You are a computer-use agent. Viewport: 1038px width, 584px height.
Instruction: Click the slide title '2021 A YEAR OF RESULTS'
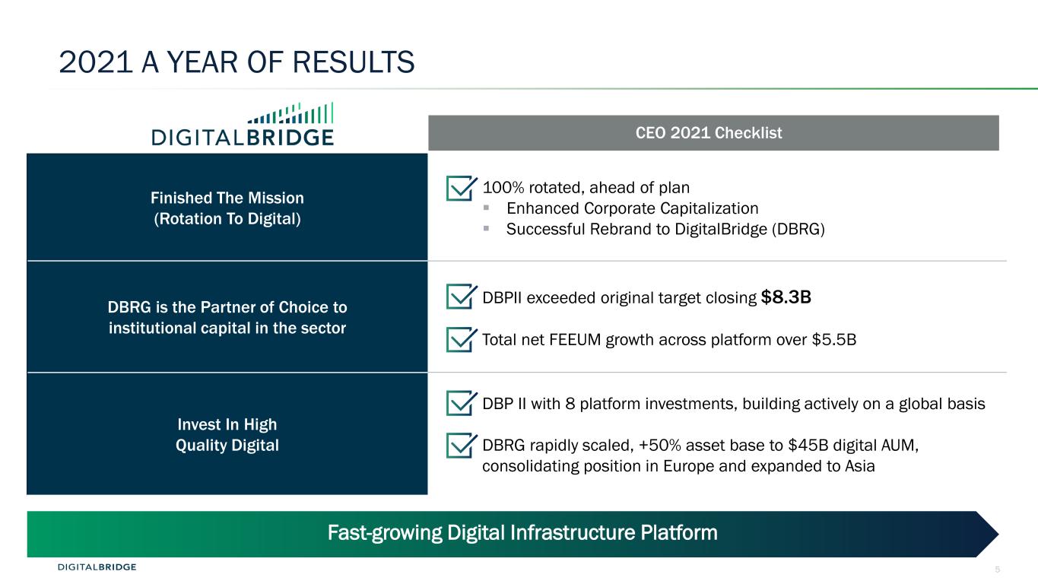pyautogui.click(x=236, y=62)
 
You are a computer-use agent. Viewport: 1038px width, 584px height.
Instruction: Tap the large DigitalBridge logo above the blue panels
pyautogui.click(x=243, y=124)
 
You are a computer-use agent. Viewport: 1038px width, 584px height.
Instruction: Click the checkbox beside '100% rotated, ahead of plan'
pyautogui.click(x=462, y=188)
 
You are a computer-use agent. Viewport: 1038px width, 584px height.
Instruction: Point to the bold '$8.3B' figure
pyautogui.click(x=786, y=297)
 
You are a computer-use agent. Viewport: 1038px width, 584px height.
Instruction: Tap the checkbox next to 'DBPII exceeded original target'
pyautogui.click(x=462, y=296)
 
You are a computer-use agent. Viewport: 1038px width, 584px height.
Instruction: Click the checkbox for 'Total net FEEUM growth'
pyautogui.click(x=462, y=339)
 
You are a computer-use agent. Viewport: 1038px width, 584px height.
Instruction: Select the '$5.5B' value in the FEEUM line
pyautogui.click(x=834, y=340)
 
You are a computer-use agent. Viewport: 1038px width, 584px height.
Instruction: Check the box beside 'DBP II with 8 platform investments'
pyautogui.click(x=462, y=403)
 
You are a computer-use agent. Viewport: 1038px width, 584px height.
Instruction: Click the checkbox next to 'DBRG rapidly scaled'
pyautogui.click(x=462, y=446)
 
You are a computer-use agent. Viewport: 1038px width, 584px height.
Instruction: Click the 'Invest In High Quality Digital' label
pyautogui.click(x=227, y=435)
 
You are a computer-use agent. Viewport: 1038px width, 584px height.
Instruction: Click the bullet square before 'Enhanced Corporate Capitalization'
pyautogui.click(x=486, y=208)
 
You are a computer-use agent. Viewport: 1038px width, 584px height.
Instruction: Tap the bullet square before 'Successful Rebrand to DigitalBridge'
pyautogui.click(x=486, y=228)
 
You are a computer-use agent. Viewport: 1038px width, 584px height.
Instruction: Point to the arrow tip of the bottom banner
pyautogui.click(x=998, y=534)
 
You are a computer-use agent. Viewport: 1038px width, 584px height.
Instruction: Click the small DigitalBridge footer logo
pyautogui.click(x=97, y=567)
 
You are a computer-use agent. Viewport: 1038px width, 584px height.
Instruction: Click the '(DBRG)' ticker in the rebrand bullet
pyautogui.click(x=798, y=230)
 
